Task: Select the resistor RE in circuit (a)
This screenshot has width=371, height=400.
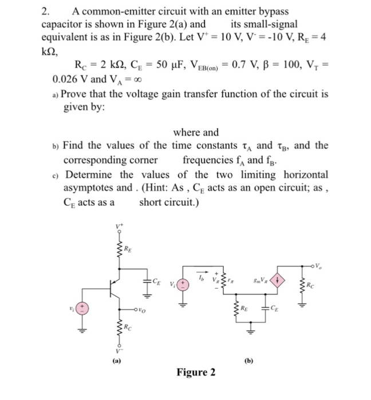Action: pyautogui.click(x=120, y=250)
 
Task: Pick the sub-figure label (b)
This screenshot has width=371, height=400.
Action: pyautogui.click(x=249, y=361)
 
